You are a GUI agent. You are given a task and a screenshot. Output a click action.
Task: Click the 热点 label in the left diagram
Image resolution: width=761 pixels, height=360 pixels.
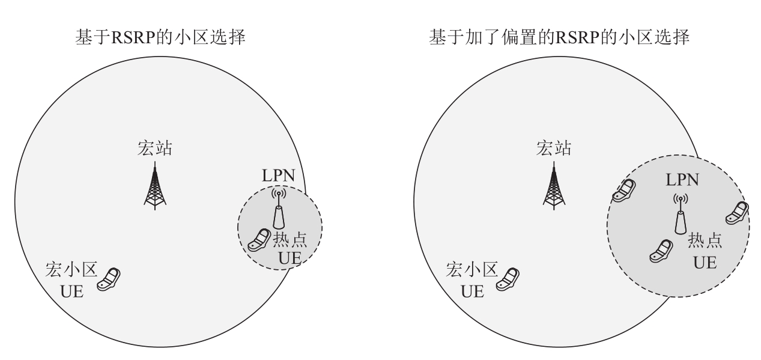click(x=290, y=240)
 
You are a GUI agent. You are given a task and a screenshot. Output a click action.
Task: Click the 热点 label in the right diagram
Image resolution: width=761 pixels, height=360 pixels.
click(x=705, y=242)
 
